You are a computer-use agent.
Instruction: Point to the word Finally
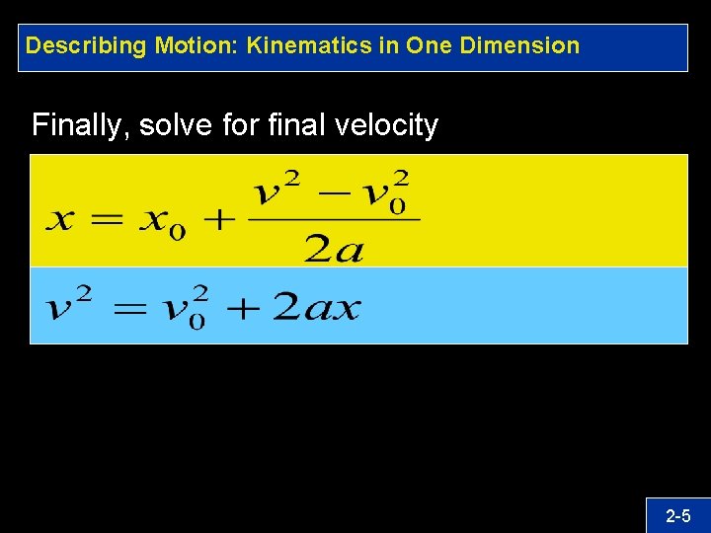(x=80, y=125)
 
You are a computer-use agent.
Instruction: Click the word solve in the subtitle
(x=172, y=125)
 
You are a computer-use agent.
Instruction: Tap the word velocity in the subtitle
(x=389, y=125)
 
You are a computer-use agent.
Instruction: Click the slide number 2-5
(x=678, y=515)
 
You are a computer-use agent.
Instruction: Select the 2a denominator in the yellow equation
(x=334, y=249)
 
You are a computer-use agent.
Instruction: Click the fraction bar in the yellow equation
(x=334, y=220)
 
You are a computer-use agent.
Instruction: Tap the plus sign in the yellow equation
(x=218, y=219)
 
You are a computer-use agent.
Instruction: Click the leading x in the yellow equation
(x=60, y=219)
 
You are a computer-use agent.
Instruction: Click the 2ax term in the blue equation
(x=316, y=308)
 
